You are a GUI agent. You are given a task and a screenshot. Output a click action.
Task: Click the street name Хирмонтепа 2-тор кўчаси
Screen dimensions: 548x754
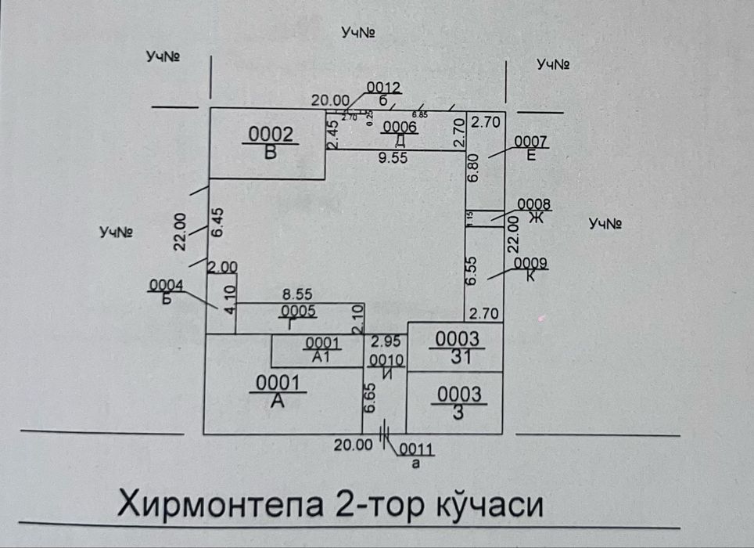tap(329, 505)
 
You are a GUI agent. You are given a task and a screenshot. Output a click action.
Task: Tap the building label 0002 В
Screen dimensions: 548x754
tap(270, 143)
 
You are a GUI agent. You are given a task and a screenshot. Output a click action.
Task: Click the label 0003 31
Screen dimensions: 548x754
tap(458, 347)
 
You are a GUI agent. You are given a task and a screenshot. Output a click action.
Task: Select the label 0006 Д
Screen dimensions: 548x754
tap(399, 135)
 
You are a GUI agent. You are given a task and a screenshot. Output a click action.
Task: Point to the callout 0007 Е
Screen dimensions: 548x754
tap(532, 148)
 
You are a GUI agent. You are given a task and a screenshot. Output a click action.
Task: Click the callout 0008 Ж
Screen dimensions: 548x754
tap(535, 211)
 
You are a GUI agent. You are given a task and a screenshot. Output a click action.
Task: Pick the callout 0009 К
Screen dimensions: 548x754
tap(531, 269)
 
